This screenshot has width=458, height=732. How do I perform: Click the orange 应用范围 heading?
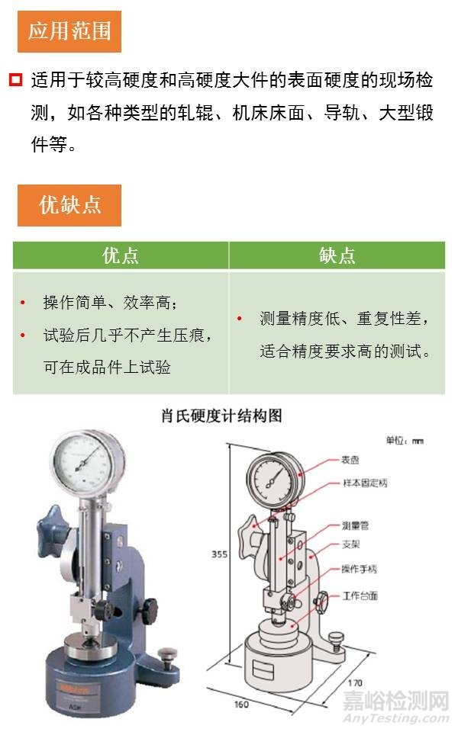tap(69, 30)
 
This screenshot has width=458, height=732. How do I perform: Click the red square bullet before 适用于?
tap(16, 80)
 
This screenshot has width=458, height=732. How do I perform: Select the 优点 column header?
tap(121, 255)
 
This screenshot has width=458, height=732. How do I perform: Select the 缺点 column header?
tap(337, 255)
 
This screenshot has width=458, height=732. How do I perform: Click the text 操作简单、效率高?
tap(110, 303)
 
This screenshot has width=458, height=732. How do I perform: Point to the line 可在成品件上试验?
tap(107, 367)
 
